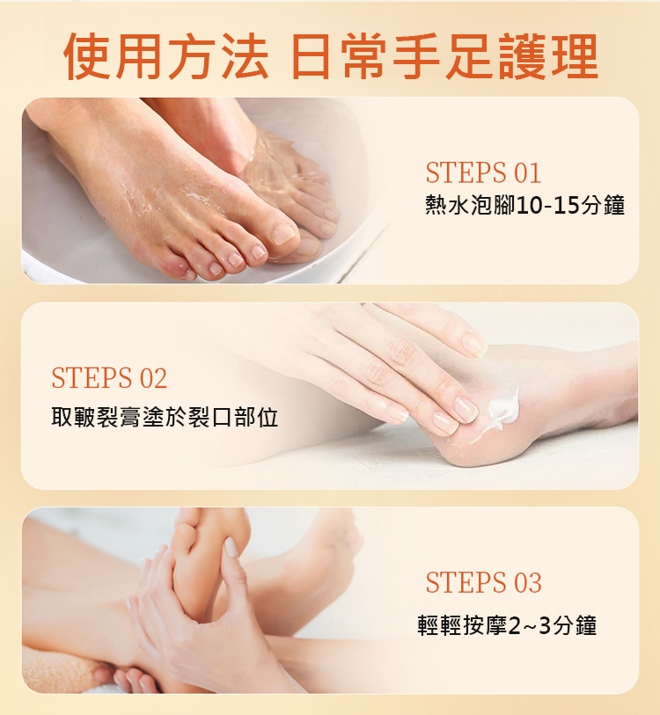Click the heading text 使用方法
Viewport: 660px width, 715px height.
[x=165, y=56]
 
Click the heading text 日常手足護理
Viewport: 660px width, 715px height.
[x=444, y=56]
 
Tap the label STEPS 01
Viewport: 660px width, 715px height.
[x=483, y=173]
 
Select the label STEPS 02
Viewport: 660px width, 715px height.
[x=109, y=378]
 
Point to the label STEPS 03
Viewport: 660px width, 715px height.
[x=483, y=582]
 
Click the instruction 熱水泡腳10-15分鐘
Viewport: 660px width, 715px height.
[x=524, y=205]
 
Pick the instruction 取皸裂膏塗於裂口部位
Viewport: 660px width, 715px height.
[x=165, y=417]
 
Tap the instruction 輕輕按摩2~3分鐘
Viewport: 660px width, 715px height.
[x=507, y=625]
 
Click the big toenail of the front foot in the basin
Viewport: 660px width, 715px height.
[x=283, y=234]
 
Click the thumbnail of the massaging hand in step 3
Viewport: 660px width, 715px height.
[x=231, y=547]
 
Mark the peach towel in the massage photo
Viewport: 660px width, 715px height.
[x=59, y=669]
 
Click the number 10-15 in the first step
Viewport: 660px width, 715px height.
[x=542, y=205]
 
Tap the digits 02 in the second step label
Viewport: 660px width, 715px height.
[x=153, y=378]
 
